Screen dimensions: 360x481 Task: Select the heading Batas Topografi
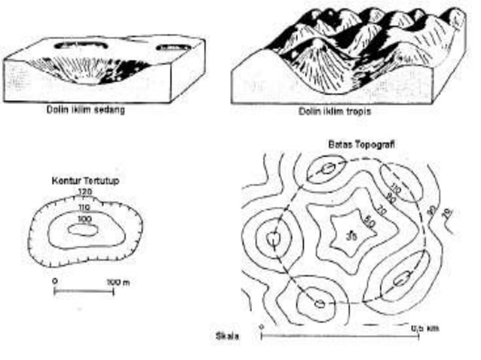click(x=358, y=142)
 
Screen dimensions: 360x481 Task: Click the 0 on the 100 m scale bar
click(x=55, y=281)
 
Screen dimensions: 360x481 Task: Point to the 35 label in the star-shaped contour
click(x=351, y=238)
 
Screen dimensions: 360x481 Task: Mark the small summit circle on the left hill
click(x=274, y=239)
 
